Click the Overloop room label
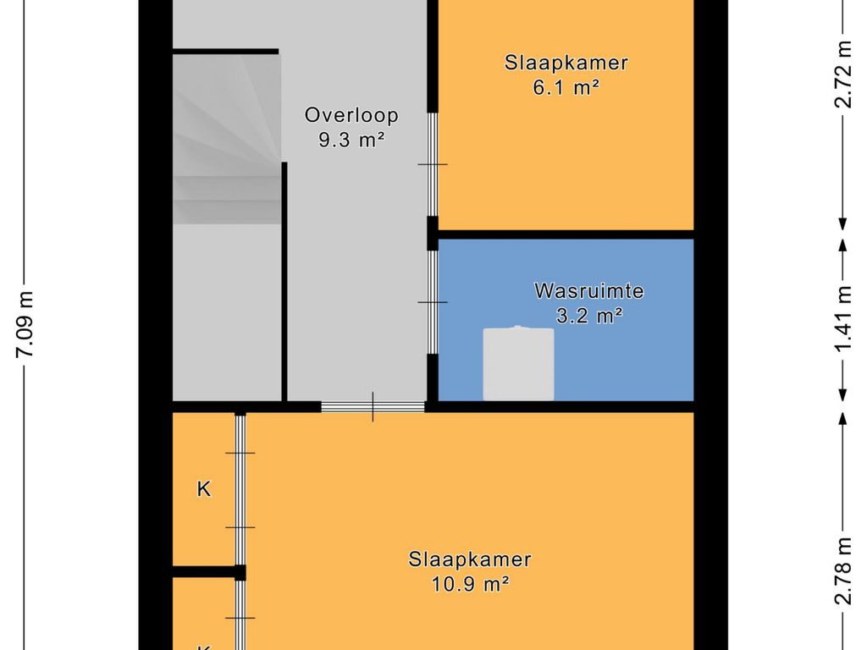[x=351, y=115]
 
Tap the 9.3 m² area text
[x=351, y=140]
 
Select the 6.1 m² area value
[x=566, y=87]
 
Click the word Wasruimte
[x=589, y=291]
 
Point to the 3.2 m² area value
[x=589, y=316]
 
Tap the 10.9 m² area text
[x=470, y=584]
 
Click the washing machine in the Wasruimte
[x=519, y=363]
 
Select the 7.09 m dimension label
[x=25, y=324]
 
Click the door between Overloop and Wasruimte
[x=433, y=302]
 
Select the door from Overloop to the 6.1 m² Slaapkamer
[x=433, y=165]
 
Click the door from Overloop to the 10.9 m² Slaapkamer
[x=373, y=407]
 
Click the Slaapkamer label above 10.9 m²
[x=470, y=559]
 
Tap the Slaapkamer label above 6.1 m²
[x=566, y=63]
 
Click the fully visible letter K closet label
[x=204, y=489]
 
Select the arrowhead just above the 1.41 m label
[x=842, y=246]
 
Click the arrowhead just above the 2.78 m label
[x=842, y=418]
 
